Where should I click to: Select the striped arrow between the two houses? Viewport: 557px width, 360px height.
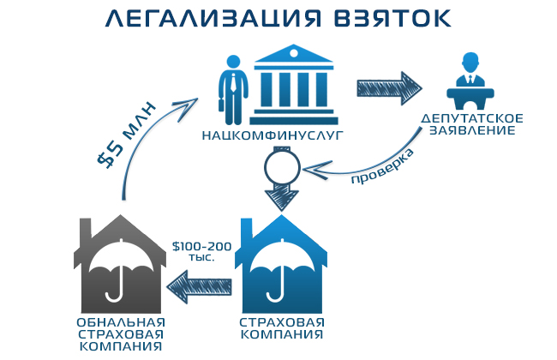[x=198, y=285]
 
